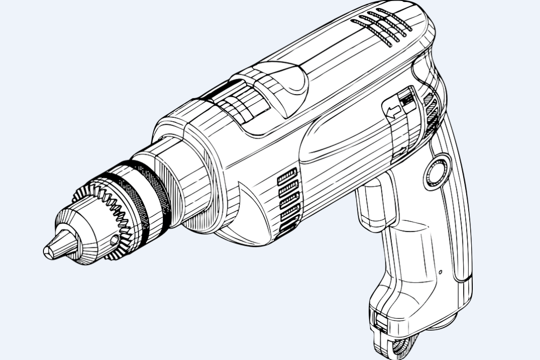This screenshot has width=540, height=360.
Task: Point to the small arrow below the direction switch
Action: [x=402, y=151]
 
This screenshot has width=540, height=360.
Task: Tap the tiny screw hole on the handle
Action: [x=440, y=273]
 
